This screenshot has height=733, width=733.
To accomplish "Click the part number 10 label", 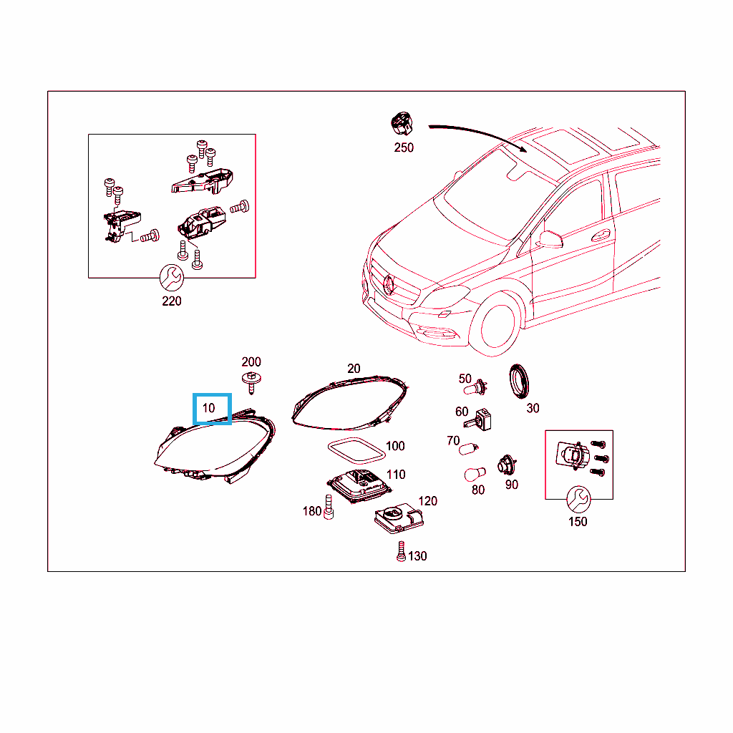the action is pyautogui.click(x=208, y=408).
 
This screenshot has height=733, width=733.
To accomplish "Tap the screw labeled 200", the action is pyautogui.click(x=251, y=383).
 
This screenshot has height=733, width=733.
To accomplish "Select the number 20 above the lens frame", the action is pyautogui.click(x=354, y=369).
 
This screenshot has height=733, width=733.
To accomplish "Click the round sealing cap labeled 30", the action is pyautogui.click(x=519, y=382).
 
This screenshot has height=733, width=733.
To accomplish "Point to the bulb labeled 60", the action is pyautogui.click(x=478, y=419).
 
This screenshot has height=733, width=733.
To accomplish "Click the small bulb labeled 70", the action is pyautogui.click(x=468, y=450).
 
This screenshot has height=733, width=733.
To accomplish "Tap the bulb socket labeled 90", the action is pyautogui.click(x=506, y=465).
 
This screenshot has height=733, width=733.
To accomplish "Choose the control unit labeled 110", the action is pyautogui.click(x=359, y=486).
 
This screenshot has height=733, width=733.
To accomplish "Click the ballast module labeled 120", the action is pyautogui.click(x=399, y=518).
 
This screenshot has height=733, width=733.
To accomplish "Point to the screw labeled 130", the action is pyautogui.click(x=401, y=552).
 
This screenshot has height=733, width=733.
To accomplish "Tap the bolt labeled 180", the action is pyautogui.click(x=329, y=508).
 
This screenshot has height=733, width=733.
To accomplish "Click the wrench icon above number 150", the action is pyautogui.click(x=578, y=499).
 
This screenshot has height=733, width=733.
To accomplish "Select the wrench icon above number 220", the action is pyautogui.click(x=172, y=278).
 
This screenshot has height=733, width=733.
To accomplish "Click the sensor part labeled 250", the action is pyautogui.click(x=402, y=123).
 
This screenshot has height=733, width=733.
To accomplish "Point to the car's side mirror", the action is pyautogui.click(x=550, y=238).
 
